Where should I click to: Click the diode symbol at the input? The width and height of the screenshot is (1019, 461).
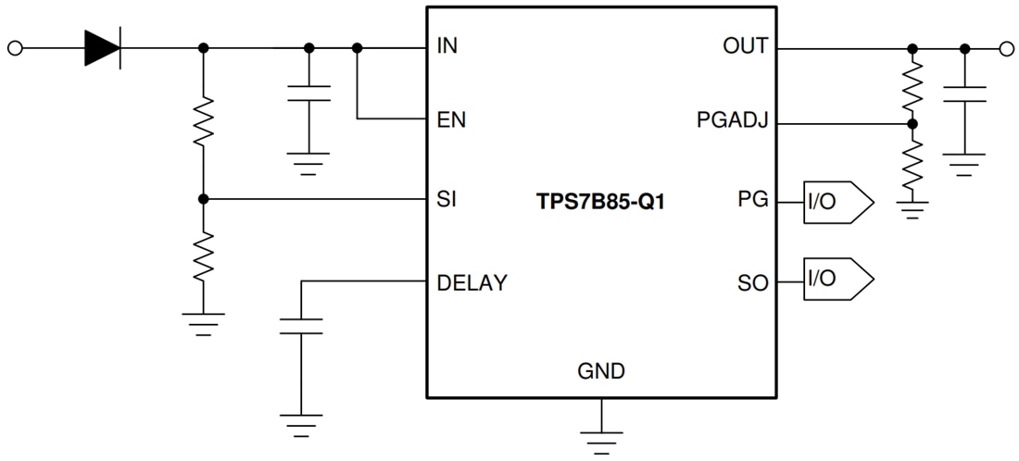pyautogui.click(x=103, y=47)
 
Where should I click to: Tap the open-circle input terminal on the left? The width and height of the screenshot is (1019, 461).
pyautogui.click(x=15, y=47)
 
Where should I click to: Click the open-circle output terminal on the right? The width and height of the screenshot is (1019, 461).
pyautogui.click(x=1006, y=47)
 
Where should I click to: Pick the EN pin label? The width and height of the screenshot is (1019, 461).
pyautogui.click(x=450, y=119)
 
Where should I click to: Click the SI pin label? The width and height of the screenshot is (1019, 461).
pyautogui.click(x=445, y=199)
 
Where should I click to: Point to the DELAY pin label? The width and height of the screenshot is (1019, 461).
pyautogui.click(x=472, y=282)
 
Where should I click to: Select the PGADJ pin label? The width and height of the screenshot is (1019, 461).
pyautogui.click(x=733, y=121)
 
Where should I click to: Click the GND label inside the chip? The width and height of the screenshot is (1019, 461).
pyautogui.click(x=601, y=372)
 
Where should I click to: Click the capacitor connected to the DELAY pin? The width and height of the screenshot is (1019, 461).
pyautogui.click(x=300, y=327)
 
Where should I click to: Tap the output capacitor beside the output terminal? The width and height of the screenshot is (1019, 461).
pyautogui.click(x=964, y=94)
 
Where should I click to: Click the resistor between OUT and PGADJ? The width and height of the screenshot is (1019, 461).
pyautogui.click(x=912, y=85)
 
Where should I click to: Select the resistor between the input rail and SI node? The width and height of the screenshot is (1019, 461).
pyautogui.click(x=204, y=122)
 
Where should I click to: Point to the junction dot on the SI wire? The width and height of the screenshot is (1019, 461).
pyautogui.click(x=204, y=199)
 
